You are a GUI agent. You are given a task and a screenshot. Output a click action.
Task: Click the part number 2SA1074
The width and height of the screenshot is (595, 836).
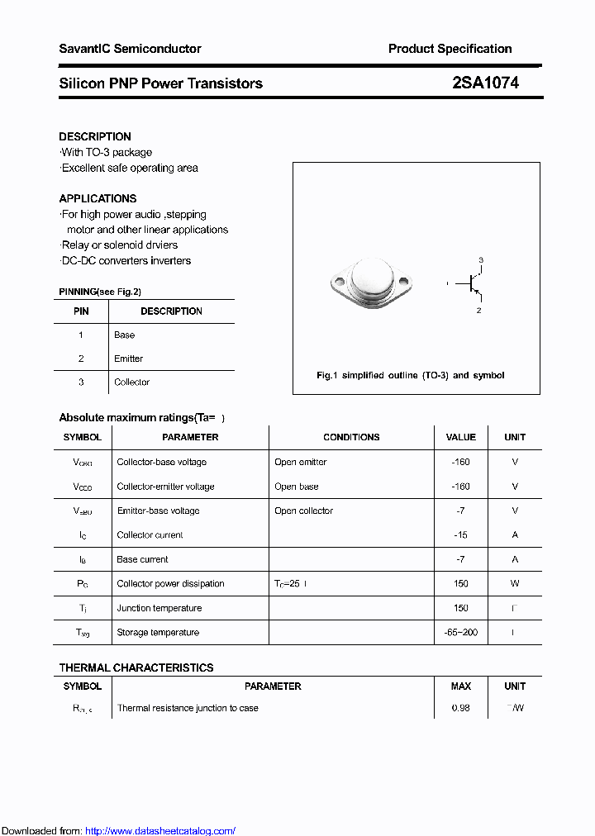pyautogui.click(x=485, y=83)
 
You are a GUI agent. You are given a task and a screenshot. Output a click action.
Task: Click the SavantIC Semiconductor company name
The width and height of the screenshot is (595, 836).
pyautogui.click(x=130, y=49)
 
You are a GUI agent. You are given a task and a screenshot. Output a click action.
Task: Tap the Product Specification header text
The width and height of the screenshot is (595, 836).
pyautogui.click(x=450, y=49)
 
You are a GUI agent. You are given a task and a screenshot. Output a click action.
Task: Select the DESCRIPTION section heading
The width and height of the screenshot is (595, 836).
pyautogui.click(x=95, y=136)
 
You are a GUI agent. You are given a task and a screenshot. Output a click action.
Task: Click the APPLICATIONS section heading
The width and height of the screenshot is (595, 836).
pyautogui.click(x=98, y=198)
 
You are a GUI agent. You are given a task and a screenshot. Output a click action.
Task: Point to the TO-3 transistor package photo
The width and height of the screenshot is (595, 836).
pyautogui.click(x=370, y=283)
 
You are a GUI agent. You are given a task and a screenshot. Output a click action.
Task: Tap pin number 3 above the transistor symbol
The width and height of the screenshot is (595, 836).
pyautogui.click(x=481, y=260)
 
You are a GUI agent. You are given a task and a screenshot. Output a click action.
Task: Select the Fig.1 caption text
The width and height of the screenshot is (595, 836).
pyautogui.click(x=410, y=375)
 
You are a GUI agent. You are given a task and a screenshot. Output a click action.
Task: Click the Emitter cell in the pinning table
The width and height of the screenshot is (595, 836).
pyautogui.click(x=128, y=359)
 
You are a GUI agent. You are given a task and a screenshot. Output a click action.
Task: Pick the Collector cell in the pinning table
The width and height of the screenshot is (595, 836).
pyautogui.click(x=131, y=382)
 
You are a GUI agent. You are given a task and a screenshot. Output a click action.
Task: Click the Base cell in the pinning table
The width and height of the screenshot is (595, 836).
pyautogui.click(x=124, y=335)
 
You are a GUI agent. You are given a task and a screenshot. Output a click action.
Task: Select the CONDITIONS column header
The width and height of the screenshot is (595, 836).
pyautogui.click(x=351, y=437)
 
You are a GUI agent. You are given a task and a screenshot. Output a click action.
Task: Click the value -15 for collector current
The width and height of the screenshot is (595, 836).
pyautogui.click(x=460, y=534)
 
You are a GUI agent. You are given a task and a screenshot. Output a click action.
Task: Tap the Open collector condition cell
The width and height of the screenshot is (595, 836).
pyautogui.click(x=303, y=511)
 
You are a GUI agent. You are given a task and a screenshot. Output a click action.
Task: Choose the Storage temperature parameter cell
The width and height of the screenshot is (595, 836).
pyautogui.click(x=158, y=632)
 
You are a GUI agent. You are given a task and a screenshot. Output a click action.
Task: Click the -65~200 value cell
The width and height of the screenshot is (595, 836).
pyautogui.click(x=460, y=632)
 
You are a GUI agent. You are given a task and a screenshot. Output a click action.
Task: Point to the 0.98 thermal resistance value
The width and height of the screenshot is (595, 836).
pyautogui.click(x=460, y=708)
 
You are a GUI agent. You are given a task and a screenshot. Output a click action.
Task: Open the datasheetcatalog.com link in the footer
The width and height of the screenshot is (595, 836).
pyautogui.click(x=160, y=831)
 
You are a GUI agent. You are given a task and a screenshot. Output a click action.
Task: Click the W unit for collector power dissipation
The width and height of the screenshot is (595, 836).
pyautogui.click(x=515, y=583)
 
